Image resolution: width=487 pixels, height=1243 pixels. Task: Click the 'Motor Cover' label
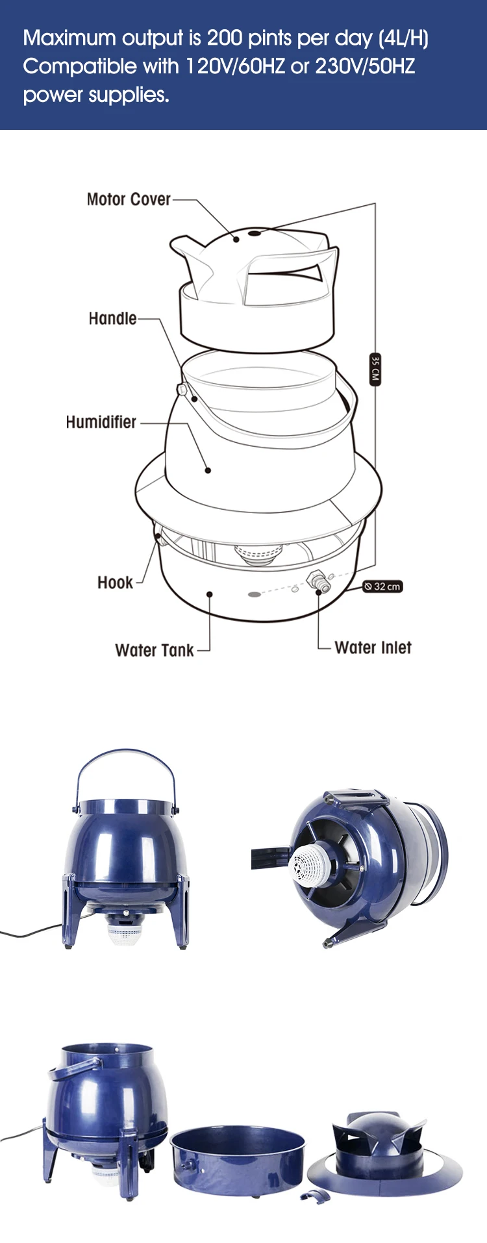[x=129, y=199]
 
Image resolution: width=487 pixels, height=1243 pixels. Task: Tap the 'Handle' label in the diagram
[x=112, y=318]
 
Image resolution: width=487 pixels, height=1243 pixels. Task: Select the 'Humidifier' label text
[x=101, y=422]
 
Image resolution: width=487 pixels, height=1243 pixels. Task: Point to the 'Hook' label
[x=115, y=583]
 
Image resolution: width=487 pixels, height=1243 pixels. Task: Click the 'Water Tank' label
[x=154, y=650]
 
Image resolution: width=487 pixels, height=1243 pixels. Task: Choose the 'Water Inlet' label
[x=373, y=647]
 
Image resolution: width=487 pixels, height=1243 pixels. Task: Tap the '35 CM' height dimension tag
[x=375, y=370]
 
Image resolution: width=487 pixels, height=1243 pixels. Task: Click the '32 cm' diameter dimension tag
[x=383, y=586]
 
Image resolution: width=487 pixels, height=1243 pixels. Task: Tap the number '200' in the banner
[x=225, y=38]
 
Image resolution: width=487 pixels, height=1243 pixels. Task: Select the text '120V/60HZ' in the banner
[x=236, y=66]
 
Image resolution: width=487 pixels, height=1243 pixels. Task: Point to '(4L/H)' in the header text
[x=403, y=38]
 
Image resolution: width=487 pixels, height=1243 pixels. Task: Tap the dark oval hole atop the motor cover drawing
[x=255, y=232]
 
